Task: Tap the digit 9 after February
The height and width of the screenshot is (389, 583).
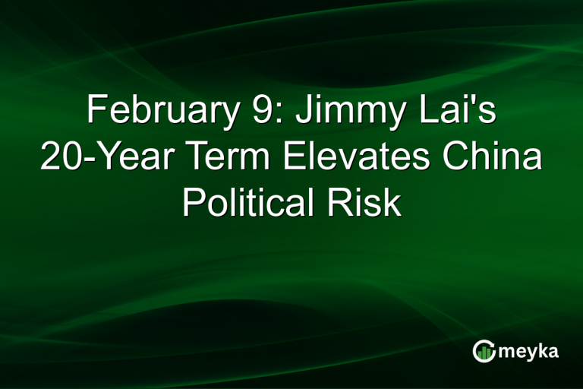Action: click(256, 111)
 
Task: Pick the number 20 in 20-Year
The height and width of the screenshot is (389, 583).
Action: click(60, 157)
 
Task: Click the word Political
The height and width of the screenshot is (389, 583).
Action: click(244, 204)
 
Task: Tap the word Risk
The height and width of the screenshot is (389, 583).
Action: click(367, 204)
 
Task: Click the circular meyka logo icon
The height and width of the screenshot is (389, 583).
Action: click(484, 350)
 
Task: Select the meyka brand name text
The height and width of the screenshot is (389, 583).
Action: click(530, 351)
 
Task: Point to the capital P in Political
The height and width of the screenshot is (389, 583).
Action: click(191, 204)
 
